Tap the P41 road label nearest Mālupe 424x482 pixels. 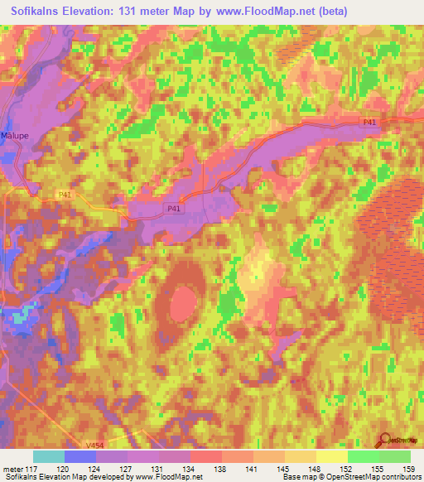(x=41, y=195)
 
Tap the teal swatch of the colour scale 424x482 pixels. (x=48, y=456)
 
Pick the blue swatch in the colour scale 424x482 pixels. (x=79, y=456)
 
